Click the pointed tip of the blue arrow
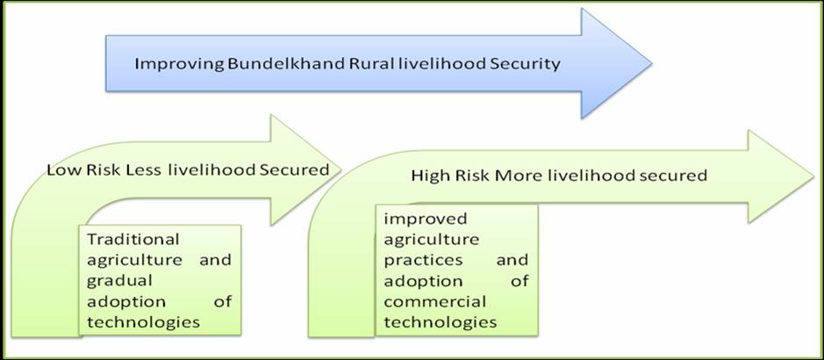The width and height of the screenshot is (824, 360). tap(652, 63)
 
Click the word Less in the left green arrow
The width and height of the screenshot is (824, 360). tap(146, 170)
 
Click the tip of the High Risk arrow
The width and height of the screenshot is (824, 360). tap(813, 176)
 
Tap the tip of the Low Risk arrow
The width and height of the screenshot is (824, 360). tap(341, 169)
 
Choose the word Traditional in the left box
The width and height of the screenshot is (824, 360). tap(133, 239)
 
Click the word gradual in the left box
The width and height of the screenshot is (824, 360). tap(120, 281)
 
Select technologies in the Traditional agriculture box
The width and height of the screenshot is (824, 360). tap(143, 321)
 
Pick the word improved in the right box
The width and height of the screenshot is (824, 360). tap(425, 220)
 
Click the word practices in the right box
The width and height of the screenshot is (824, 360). tap(423, 260)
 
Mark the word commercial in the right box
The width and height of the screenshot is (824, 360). tap(434, 302)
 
